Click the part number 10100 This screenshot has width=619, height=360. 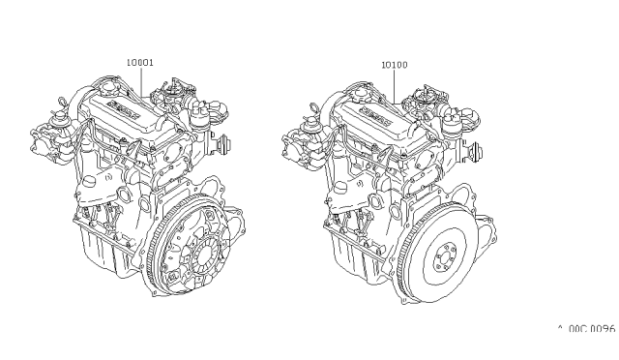click(x=393, y=65)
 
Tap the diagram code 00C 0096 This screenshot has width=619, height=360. click(x=585, y=329)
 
